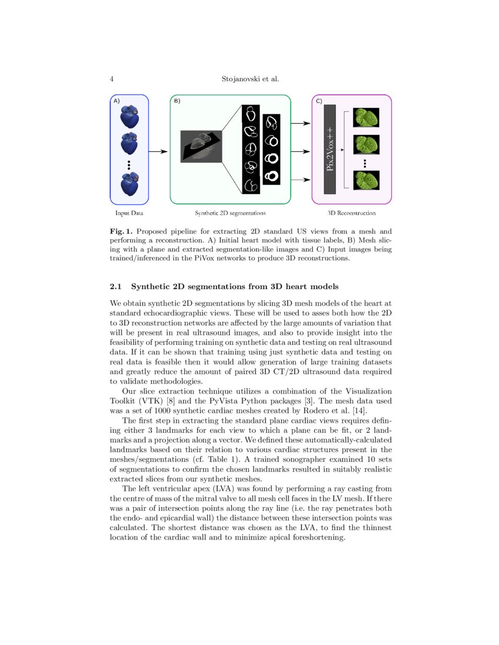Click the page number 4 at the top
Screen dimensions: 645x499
coord(112,79)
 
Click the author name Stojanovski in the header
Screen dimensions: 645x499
coord(237,79)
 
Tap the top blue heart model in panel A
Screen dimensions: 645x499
coord(129,116)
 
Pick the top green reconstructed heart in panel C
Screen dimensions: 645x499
coord(365,117)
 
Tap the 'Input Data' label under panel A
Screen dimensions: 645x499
coord(129,213)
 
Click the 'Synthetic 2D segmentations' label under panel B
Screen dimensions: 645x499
coord(230,213)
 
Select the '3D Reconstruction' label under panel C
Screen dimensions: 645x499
coord(352,213)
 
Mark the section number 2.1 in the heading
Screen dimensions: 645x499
coord(116,287)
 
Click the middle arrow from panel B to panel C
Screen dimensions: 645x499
coord(301,152)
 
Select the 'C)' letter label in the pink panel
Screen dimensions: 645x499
coord(319,101)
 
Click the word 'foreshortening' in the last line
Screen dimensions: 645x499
coord(316,538)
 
